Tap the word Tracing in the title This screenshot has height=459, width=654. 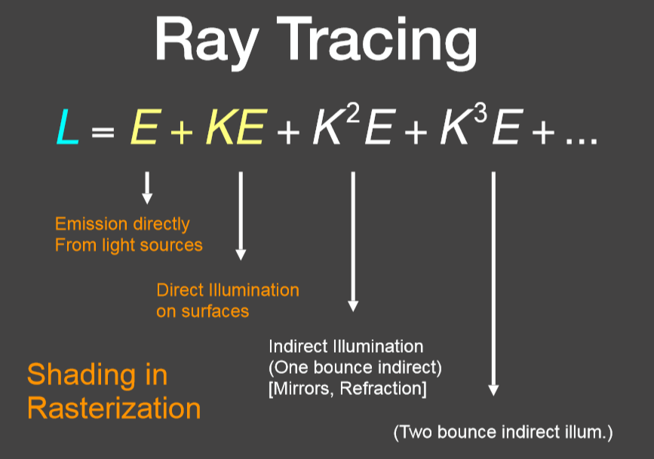click(377, 41)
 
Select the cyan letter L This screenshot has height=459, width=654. click(68, 127)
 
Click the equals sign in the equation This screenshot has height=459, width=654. click(103, 133)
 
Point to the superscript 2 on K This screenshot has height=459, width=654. click(352, 112)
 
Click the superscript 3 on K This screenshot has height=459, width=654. click(480, 112)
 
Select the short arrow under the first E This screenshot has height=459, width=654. click(147, 188)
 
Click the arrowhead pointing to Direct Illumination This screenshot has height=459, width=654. click(241, 255)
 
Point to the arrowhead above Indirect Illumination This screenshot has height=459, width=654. click(353, 306)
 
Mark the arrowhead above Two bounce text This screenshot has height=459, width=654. click(493, 390)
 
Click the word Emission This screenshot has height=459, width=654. click(91, 224)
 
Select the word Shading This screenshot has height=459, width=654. click(81, 376)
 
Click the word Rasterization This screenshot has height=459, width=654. click(114, 408)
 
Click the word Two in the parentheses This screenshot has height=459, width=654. click(416, 432)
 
